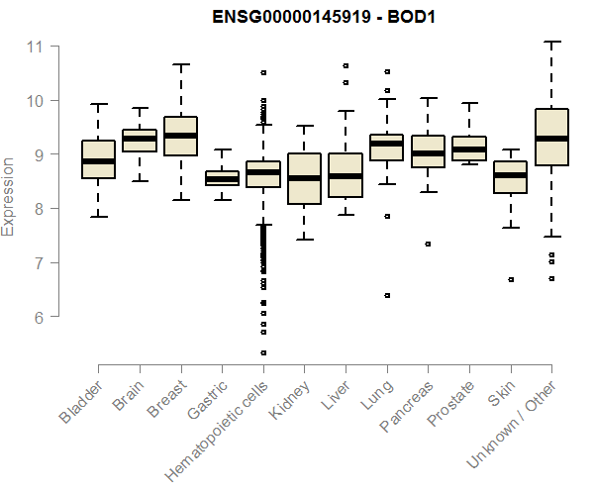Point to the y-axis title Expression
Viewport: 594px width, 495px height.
[9, 196]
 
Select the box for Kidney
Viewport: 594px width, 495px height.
[304, 178]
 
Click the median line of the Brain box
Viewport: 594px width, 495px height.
[139, 139]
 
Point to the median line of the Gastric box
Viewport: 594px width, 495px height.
[222, 179]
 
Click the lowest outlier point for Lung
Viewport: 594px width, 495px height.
[387, 295]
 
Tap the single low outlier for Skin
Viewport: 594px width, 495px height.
[511, 279]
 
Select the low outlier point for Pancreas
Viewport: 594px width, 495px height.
[429, 244]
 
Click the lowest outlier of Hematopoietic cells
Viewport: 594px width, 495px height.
[263, 352]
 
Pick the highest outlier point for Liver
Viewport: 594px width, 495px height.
[346, 65]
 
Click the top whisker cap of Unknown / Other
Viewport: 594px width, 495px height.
[552, 42]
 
